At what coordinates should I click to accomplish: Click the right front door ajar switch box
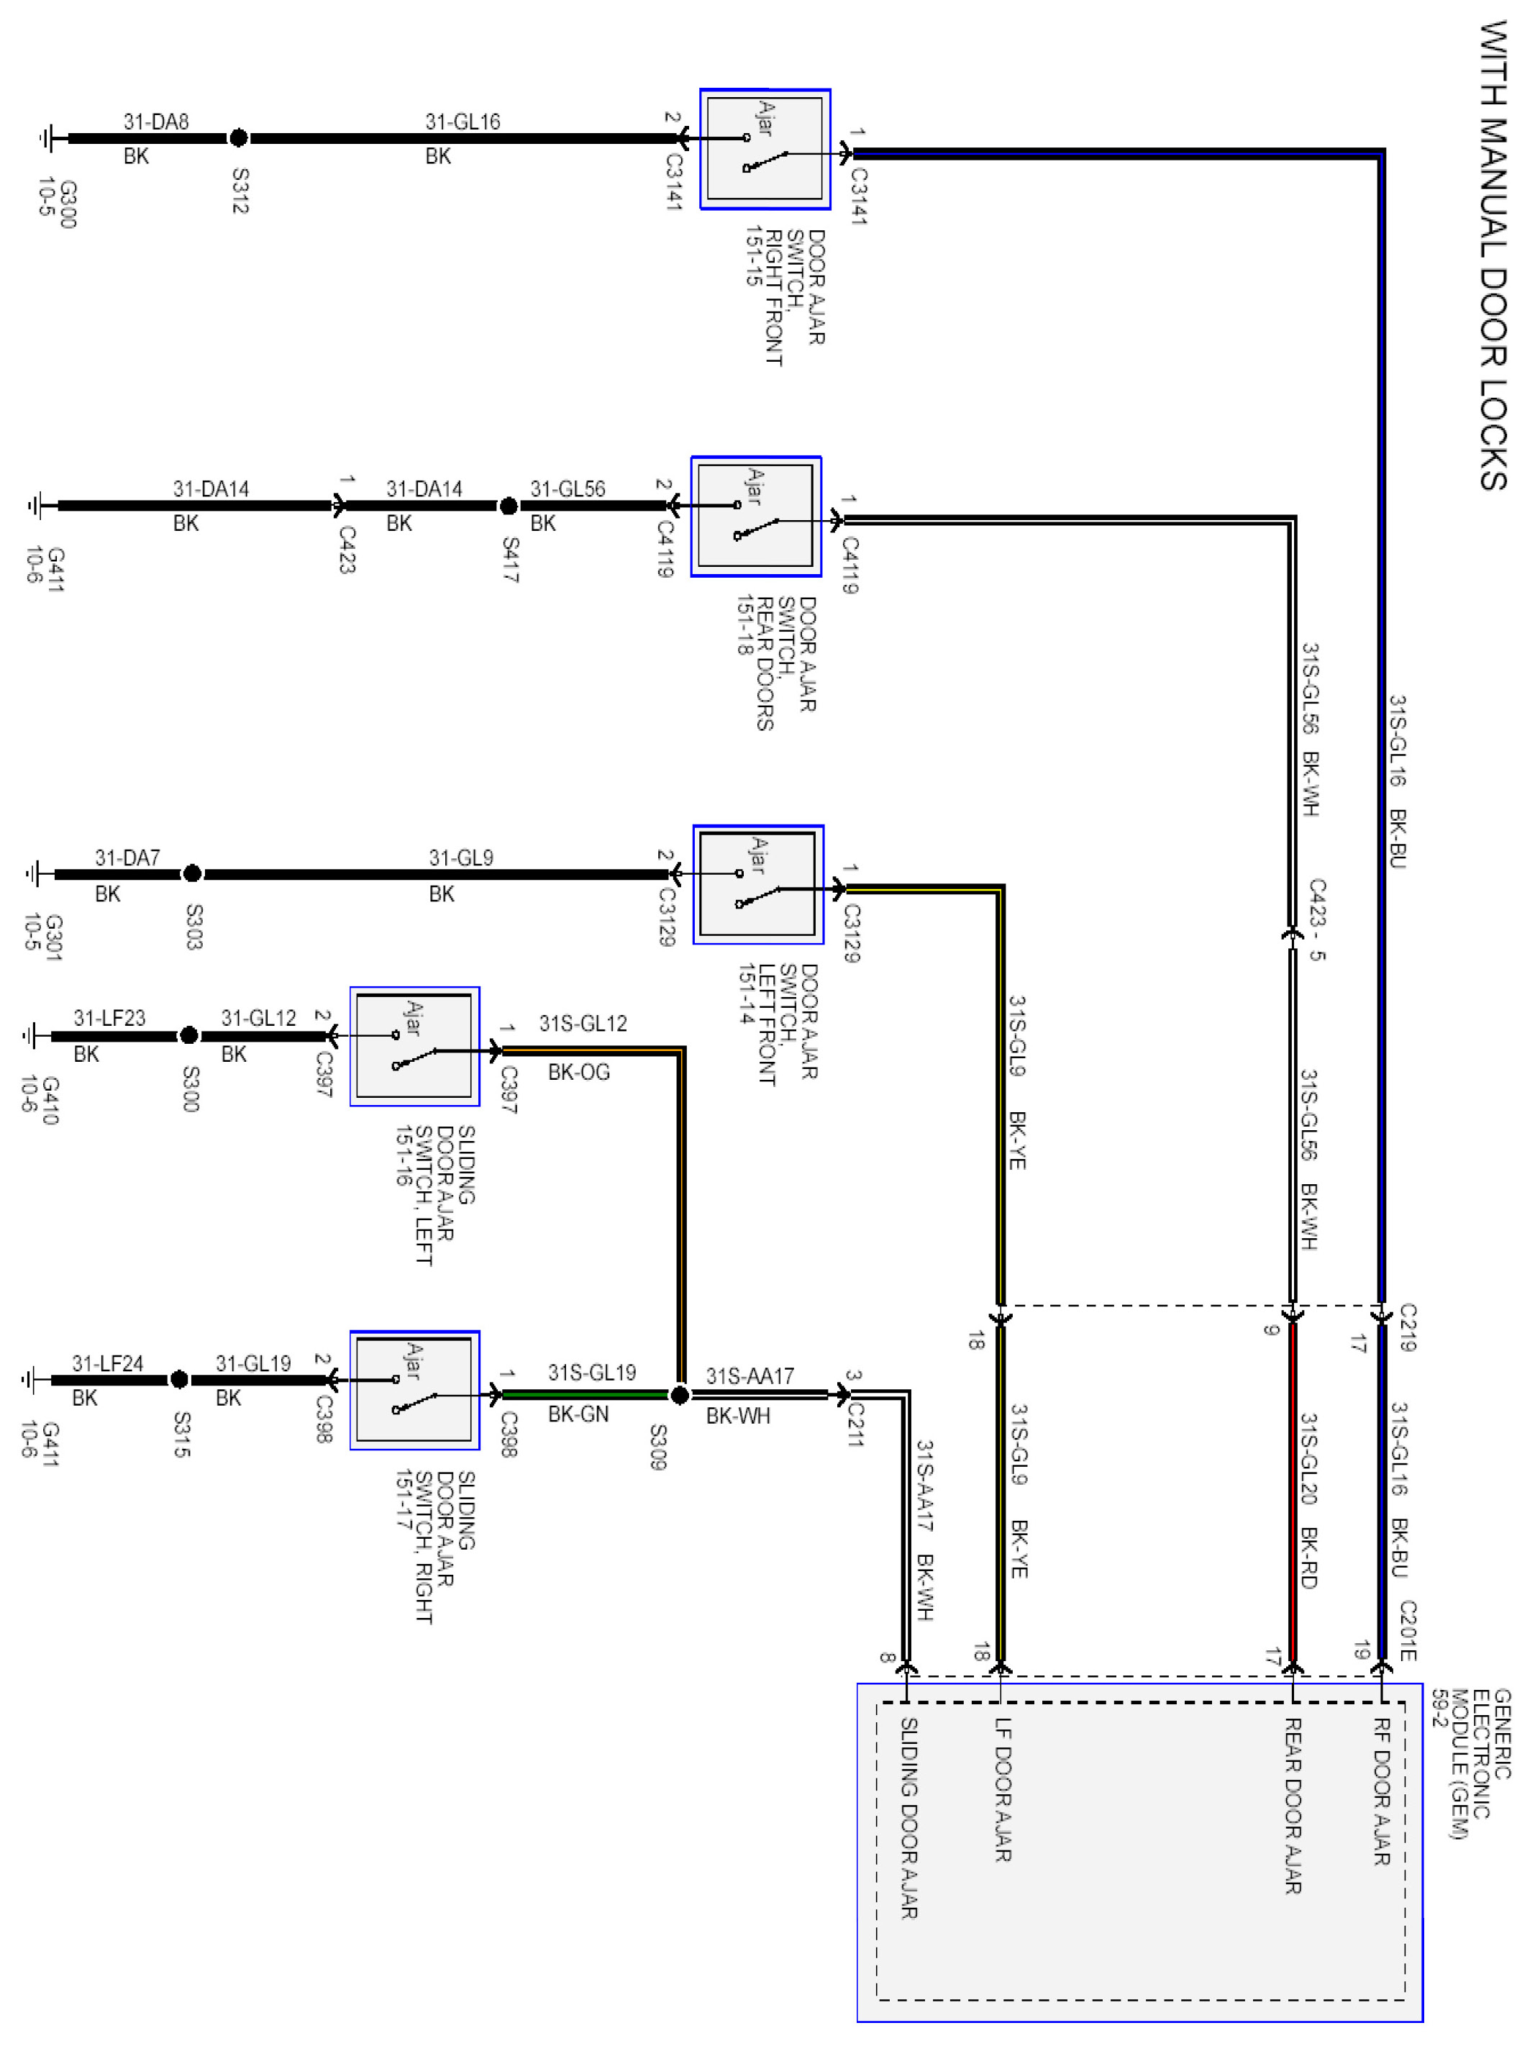click(765, 149)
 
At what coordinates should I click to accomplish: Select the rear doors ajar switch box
click(755, 516)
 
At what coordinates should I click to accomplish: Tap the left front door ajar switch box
click(758, 884)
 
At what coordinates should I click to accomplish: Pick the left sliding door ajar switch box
click(414, 1046)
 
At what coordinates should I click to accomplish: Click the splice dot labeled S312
click(239, 138)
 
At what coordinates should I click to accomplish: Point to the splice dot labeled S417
click(509, 506)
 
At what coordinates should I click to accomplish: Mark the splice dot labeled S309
click(680, 1395)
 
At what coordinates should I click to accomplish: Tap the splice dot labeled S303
click(192, 873)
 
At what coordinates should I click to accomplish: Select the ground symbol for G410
click(33, 1036)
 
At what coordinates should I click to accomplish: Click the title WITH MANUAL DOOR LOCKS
click(1493, 255)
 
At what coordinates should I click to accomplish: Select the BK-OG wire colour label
click(579, 1072)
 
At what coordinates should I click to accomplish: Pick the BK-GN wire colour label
click(578, 1414)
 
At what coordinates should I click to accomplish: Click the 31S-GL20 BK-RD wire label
click(1308, 1500)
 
